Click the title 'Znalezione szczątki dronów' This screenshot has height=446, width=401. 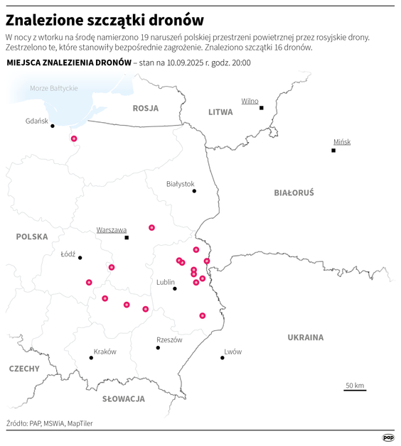pos(105,18)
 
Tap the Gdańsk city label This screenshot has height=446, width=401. pos(36,121)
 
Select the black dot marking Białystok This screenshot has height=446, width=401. pos(194,191)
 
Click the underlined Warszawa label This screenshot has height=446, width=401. pos(112,229)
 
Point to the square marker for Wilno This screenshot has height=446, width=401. pos(262,108)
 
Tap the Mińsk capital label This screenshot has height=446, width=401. pos(342,141)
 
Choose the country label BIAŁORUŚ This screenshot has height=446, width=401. pos(294,192)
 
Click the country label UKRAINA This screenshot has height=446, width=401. pos(305,337)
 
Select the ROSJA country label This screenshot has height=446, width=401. pos(145,108)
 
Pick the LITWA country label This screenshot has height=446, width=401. pos(220,112)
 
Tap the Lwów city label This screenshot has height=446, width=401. pos(232,352)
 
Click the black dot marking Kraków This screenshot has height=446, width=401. pos(91,358)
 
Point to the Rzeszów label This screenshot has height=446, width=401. pos(169,339)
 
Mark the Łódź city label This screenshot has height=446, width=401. pos(68,253)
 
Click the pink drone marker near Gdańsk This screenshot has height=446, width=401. pos(74,139)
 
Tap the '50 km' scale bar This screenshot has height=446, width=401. pos(355,388)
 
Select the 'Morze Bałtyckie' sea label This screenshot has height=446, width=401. pos(54,88)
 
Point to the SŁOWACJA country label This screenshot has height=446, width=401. pos(123,399)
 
